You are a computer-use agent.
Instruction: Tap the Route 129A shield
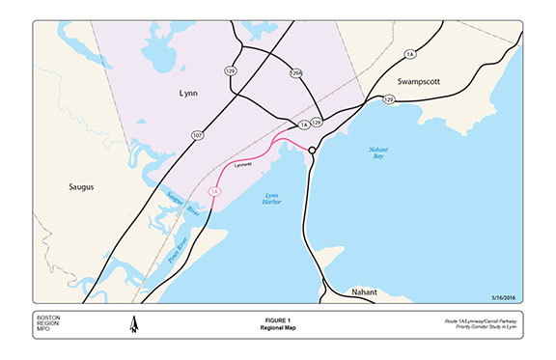(297, 72)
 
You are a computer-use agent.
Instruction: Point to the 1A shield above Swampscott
(410, 54)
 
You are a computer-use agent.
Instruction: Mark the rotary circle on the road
(313, 151)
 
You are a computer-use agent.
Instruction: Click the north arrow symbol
(133, 325)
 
